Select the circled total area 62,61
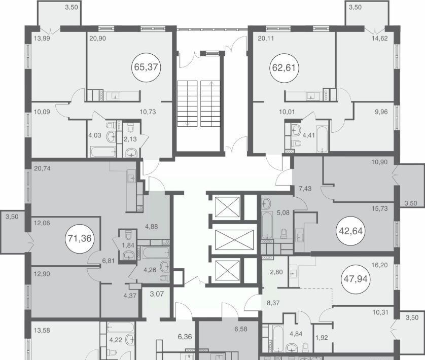(x=284, y=68)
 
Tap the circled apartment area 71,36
(x=80, y=238)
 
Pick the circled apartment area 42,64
(x=351, y=231)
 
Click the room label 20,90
(x=97, y=39)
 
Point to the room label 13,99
(x=42, y=39)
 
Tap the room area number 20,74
(x=42, y=169)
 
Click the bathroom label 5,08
(x=283, y=213)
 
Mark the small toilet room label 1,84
(x=128, y=245)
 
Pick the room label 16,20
(x=379, y=265)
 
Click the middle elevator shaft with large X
(x=234, y=240)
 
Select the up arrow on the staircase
(x=211, y=85)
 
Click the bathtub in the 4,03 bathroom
(x=103, y=152)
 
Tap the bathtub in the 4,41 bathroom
(x=322, y=139)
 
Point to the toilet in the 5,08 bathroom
(x=284, y=234)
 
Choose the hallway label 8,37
(x=273, y=303)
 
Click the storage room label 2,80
(x=276, y=272)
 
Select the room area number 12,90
(x=42, y=274)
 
